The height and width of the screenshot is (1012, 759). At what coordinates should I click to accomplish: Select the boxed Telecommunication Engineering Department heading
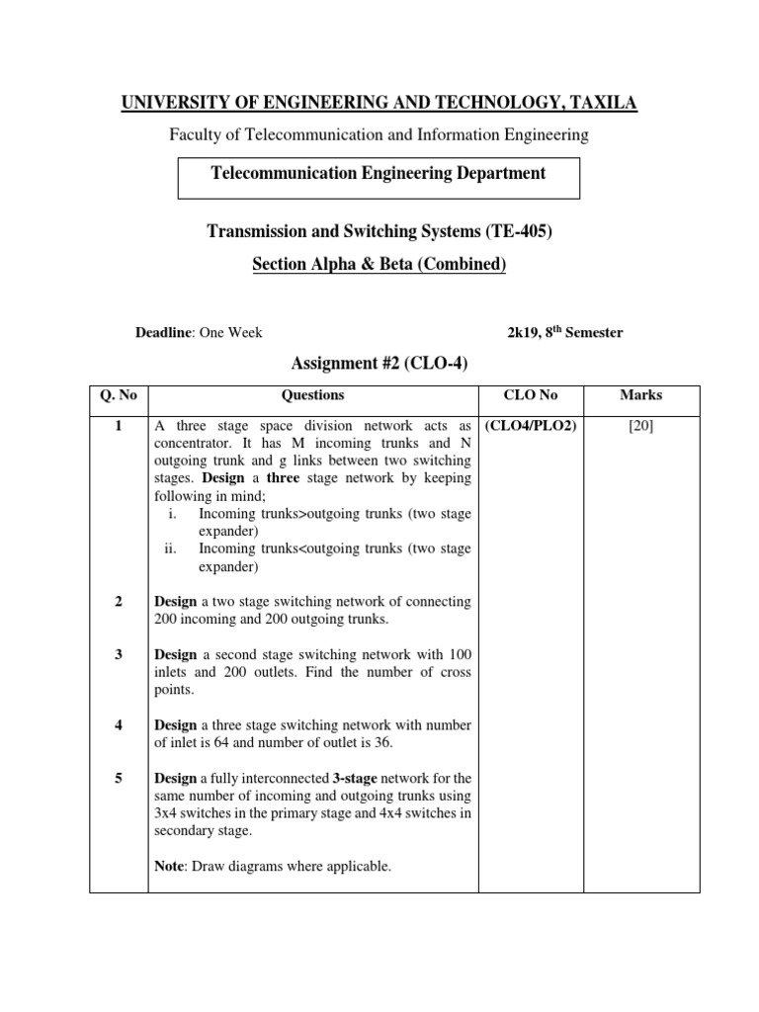(x=379, y=173)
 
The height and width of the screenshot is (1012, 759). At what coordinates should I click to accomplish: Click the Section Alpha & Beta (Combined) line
(x=379, y=264)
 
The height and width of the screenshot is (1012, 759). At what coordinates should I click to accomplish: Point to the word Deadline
(x=165, y=333)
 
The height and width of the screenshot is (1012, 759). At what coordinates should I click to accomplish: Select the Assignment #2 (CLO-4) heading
(x=379, y=364)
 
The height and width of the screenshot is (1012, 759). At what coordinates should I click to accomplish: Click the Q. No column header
(x=119, y=395)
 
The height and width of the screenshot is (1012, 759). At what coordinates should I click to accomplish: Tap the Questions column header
(x=313, y=395)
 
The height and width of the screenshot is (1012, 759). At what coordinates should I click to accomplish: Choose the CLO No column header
(x=531, y=395)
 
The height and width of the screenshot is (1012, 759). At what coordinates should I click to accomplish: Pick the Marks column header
(x=640, y=395)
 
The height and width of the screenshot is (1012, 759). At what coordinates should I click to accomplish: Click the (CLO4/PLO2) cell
(x=531, y=426)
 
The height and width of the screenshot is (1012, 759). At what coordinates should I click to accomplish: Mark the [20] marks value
(x=640, y=426)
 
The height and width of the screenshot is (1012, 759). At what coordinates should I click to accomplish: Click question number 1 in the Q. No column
(x=118, y=426)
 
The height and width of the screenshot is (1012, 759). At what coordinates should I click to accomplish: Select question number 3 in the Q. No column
(x=118, y=655)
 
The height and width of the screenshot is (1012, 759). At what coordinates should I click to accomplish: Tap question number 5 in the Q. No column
(x=118, y=778)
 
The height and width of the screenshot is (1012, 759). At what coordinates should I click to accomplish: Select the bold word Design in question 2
(x=176, y=602)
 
